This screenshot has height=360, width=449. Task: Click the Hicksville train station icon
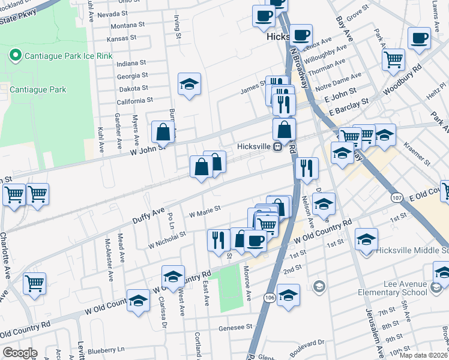[x=278, y=147]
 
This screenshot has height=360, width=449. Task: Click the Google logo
[x=20, y=353]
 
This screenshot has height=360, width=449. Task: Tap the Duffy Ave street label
[x=149, y=212]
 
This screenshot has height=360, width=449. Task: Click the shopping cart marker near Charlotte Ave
[x=34, y=283]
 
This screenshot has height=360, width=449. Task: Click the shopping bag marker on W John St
[x=163, y=131]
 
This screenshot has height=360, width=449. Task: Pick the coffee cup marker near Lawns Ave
[x=419, y=38]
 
